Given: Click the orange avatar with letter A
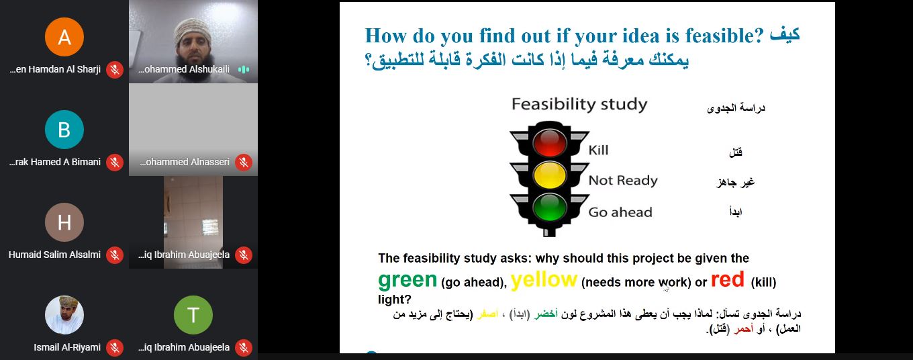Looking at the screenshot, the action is point(64,37).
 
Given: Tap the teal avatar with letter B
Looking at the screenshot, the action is point(64,130).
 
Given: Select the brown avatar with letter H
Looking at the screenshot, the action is point(64,222).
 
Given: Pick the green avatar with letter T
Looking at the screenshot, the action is point(193,315).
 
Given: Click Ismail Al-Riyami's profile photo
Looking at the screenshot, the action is point(64,315).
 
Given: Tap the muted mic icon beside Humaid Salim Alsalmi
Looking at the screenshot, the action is point(115,255).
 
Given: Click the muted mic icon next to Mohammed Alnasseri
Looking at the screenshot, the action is point(244,163).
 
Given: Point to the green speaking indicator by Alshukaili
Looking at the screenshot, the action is point(243,69).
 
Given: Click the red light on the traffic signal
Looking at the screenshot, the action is point(549,142).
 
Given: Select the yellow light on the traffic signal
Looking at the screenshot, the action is point(549,175).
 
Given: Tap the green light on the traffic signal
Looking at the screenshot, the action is point(549,207).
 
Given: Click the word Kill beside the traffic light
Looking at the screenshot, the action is point(598,150).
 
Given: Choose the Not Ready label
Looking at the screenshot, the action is point(623,181).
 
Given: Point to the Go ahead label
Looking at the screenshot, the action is point(620,212).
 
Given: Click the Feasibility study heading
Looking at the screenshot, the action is point(579,104).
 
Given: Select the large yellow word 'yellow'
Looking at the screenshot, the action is point(544,280).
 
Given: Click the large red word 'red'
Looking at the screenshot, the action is point(728,279).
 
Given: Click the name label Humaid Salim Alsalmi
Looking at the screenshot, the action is point(54,255).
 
